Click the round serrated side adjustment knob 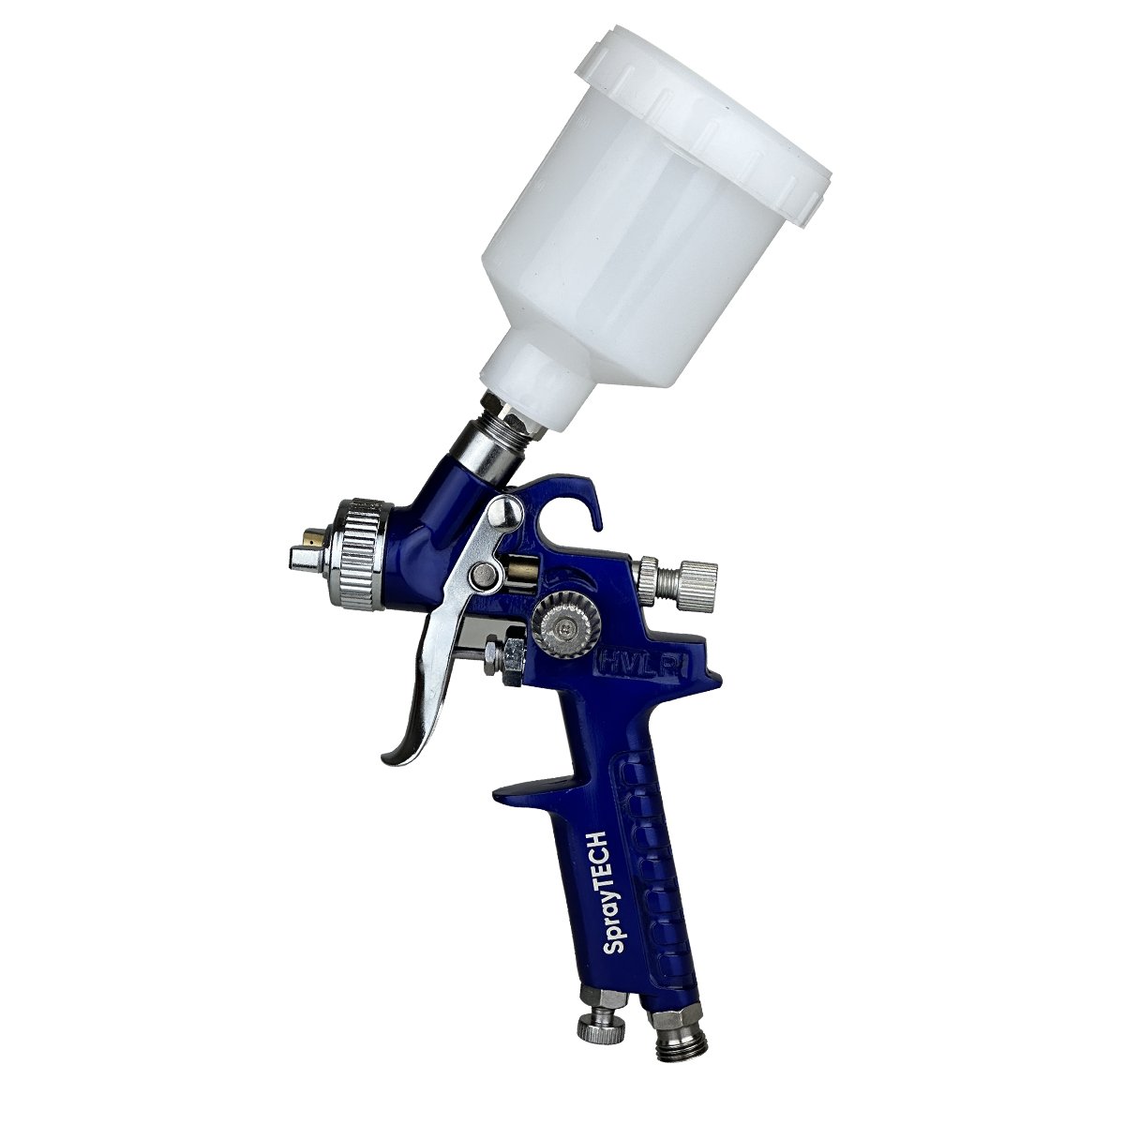[562, 627]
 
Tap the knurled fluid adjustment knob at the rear [678, 578]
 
